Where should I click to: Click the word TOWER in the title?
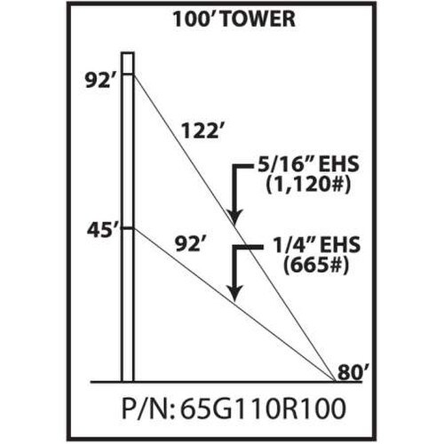pos(258,20)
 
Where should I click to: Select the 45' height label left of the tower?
pos(99,230)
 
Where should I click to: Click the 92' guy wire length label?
pos(190,244)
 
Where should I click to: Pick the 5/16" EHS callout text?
pos(308,164)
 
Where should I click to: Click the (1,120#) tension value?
pos(308,186)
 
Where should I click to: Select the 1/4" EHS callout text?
pos(316,244)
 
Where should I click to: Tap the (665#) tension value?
pos(316,266)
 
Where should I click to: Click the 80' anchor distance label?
pos(353,372)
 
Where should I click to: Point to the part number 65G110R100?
pos(263,408)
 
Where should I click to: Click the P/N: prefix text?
pos(149,408)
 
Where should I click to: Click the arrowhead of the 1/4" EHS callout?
pos(234,294)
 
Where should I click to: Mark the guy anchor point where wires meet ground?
pos(335,381)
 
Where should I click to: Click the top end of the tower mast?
pos(128,53)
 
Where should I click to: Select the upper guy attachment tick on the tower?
pos(128,75)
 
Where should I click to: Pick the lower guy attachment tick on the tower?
pos(128,228)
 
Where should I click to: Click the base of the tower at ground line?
pos(128,382)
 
